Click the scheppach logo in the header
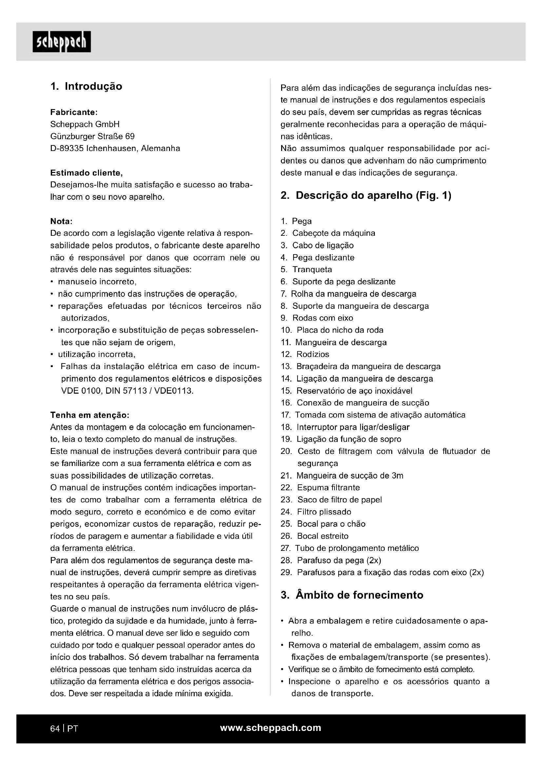pos(62,42)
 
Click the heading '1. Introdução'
pos(86,86)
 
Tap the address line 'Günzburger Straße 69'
pos(92,137)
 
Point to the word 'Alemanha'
pos(161,148)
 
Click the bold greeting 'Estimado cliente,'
pos(87,173)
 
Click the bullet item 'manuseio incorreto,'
pos(97,282)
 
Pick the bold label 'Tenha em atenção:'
pos(89,415)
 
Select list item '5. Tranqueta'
pos(306,270)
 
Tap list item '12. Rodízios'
pos(305,354)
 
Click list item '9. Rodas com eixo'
pos(317,318)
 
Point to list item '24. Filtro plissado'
pos(316,512)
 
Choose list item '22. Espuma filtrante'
pos(320,488)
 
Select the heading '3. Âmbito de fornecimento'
pos(352,595)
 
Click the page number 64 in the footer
pos(55,729)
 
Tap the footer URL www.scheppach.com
pos(271,728)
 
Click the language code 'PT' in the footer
pos(72,729)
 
